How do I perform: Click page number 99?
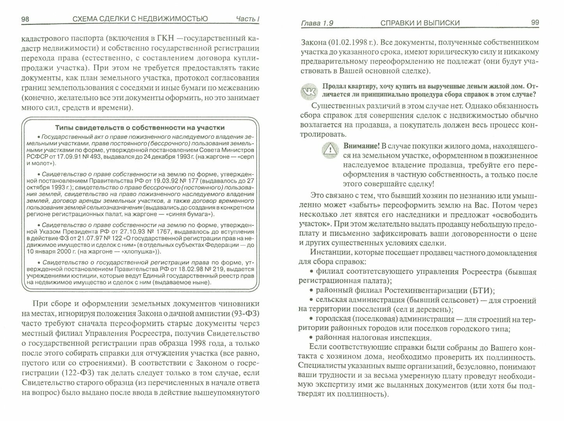coord(535,23)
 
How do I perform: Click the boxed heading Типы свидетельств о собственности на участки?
coord(140,127)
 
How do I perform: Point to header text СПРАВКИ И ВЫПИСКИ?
coord(420,23)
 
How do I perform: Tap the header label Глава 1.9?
coord(317,23)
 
